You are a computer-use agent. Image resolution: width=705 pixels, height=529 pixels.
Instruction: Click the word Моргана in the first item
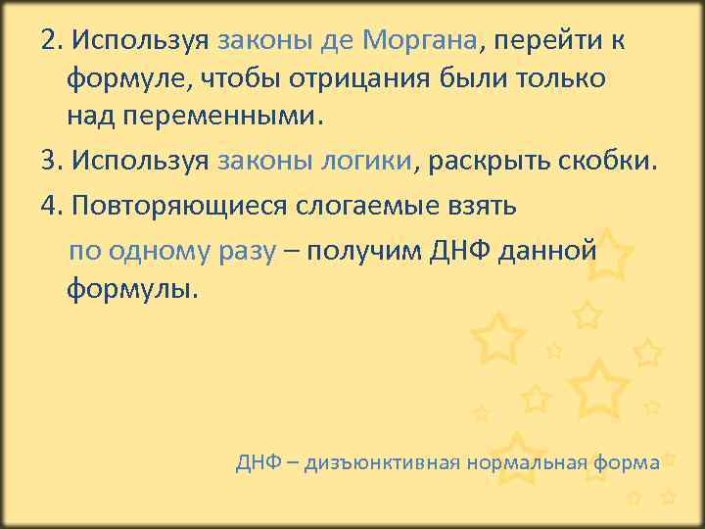tap(418, 42)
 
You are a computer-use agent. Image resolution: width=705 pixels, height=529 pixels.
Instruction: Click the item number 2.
tap(51, 42)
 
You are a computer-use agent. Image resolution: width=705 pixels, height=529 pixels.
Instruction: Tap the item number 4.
tap(51, 207)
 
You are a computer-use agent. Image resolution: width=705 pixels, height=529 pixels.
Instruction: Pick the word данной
tap(547, 251)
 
